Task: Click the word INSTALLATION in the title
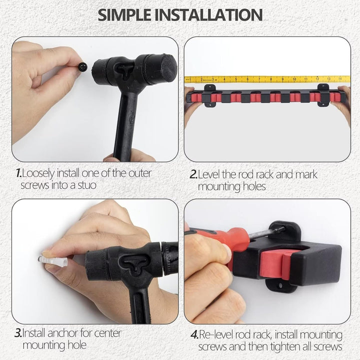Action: [x=208, y=15]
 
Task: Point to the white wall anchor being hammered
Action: [x=53, y=261]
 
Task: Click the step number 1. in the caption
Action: [x=18, y=173]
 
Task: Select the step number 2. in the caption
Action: [x=194, y=174]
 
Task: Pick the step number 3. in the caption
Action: [x=18, y=333]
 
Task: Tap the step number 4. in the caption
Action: [x=194, y=334]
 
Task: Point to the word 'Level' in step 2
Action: [x=209, y=174]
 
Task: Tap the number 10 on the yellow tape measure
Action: [x=294, y=79]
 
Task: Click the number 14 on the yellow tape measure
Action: [x=340, y=78]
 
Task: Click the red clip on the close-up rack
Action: [x=276, y=264]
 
